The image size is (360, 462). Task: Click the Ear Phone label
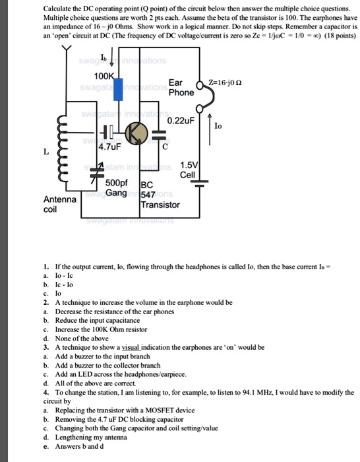click(x=181, y=88)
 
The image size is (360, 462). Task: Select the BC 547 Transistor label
click(x=159, y=195)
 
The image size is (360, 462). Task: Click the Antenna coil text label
click(x=60, y=204)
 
